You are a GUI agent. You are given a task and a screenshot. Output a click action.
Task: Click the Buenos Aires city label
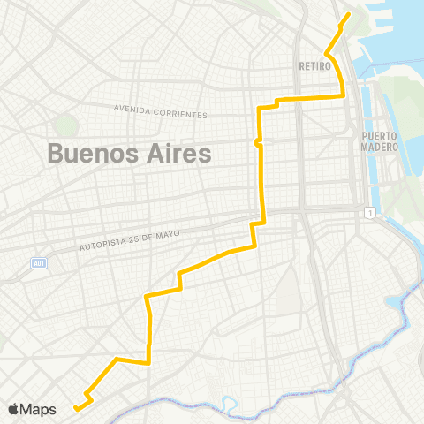[x=129, y=154]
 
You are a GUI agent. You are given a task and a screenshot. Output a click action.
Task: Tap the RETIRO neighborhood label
[x=314, y=65]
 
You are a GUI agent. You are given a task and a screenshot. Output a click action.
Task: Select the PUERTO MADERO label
[x=380, y=141]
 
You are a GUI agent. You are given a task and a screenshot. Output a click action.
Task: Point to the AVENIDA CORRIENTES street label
[x=161, y=111]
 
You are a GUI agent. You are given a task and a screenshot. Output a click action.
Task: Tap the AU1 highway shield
[x=38, y=263]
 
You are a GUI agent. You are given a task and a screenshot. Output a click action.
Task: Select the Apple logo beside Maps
[x=14, y=409]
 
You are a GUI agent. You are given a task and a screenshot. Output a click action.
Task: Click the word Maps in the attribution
[x=39, y=409]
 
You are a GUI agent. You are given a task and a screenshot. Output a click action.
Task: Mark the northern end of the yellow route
[x=348, y=15]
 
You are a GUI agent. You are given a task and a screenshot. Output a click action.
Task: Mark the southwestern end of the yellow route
[x=76, y=408]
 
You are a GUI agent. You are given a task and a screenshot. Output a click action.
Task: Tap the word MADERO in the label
[x=380, y=148]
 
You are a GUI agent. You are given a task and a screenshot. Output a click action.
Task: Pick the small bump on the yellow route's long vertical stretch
[x=257, y=142]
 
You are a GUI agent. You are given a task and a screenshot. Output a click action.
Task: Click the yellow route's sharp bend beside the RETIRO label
[x=327, y=55]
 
